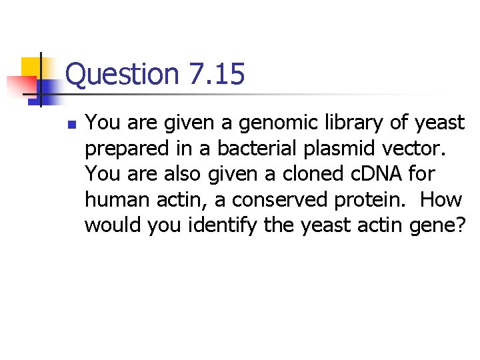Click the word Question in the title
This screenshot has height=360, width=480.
point(122,74)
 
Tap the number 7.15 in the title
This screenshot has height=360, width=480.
point(216,74)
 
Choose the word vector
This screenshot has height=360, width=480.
point(412,149)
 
